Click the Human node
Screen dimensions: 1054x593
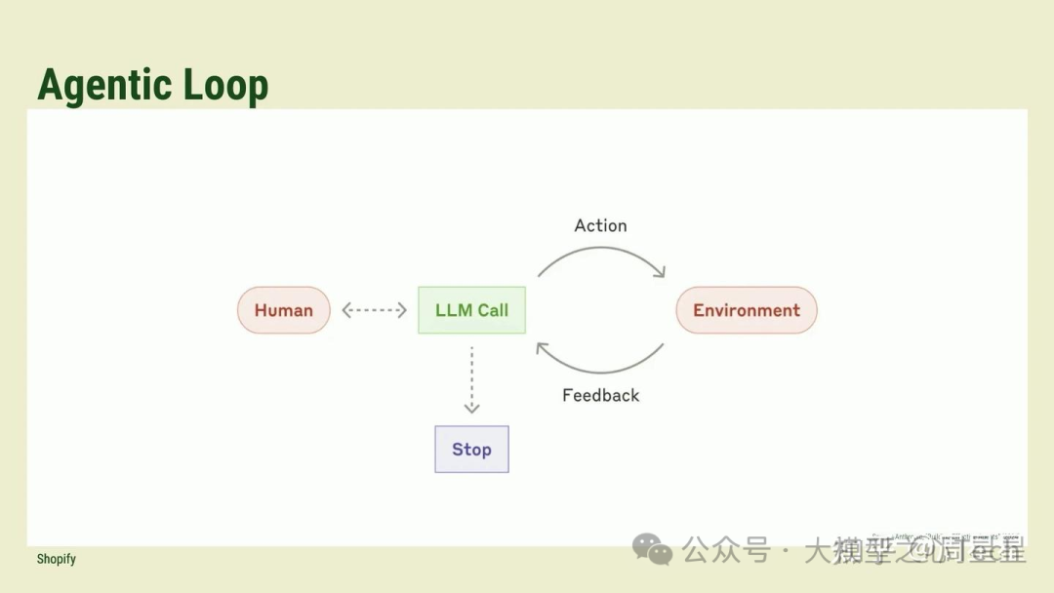(283, 310)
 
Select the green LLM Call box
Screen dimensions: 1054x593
(471, 310)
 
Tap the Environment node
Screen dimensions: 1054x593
(747, 310)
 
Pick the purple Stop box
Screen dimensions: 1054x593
(471, 450)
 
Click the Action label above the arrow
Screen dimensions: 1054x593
(600, 225)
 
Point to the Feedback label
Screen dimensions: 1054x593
(600, 395)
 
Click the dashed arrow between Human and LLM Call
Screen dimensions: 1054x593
(374, 310)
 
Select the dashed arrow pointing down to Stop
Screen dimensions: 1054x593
(471, 376)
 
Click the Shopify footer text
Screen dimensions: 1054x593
(56, 559)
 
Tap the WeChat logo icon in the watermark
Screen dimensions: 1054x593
(652, 549)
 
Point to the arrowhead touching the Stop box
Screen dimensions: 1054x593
(471, 409)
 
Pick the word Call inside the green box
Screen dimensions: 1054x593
(493, 310)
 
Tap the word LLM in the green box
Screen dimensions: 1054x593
(454, 310)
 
